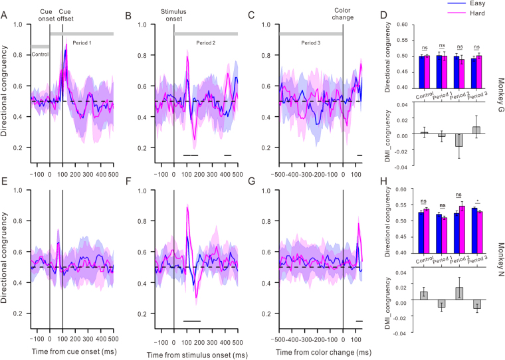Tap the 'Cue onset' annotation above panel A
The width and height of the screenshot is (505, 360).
[x=49, y=15]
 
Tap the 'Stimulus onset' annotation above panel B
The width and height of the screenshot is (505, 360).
[x=174, y=15]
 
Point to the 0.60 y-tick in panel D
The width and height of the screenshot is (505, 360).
[x=398, y=24]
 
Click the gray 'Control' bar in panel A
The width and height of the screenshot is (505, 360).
[x=40, y=46]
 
